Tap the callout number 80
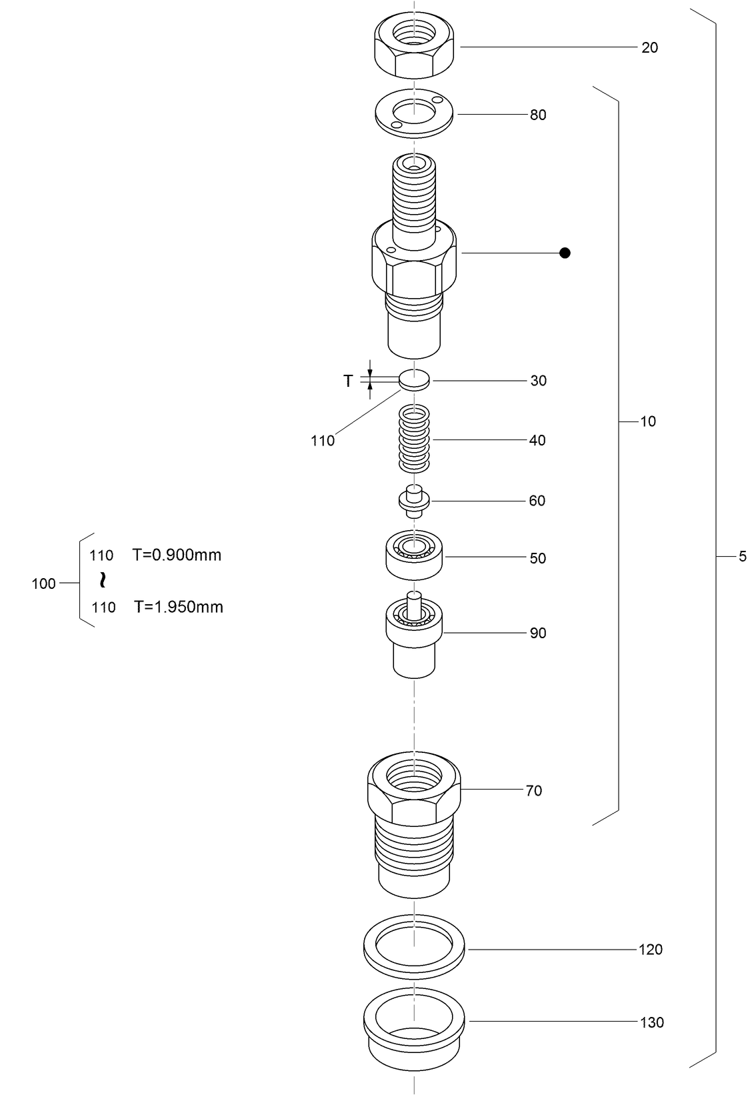pyautogui.click(x=538, y=115)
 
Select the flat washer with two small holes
pyautogui.click(x=414, y=113)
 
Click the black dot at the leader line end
pyautogui.click(x=565, y=253)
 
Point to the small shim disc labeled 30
pyautogui.click(x=414, y=381)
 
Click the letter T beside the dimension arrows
pyautogui.click(x=348, y=381)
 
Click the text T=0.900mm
pyautogui.click(x=177, y=555)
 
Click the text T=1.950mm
pyautogui.click(x=178, y=607)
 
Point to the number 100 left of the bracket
pyautogui.click(x=44, y=584)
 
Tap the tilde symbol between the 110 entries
pyautogui.click(x=102, y=580)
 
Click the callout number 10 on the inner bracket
pyautogui.click(x=648, y=421)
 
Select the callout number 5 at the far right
pyautogui.click(x=743, y=557)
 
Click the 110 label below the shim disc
pyautogui.click(x=323, y=441)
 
